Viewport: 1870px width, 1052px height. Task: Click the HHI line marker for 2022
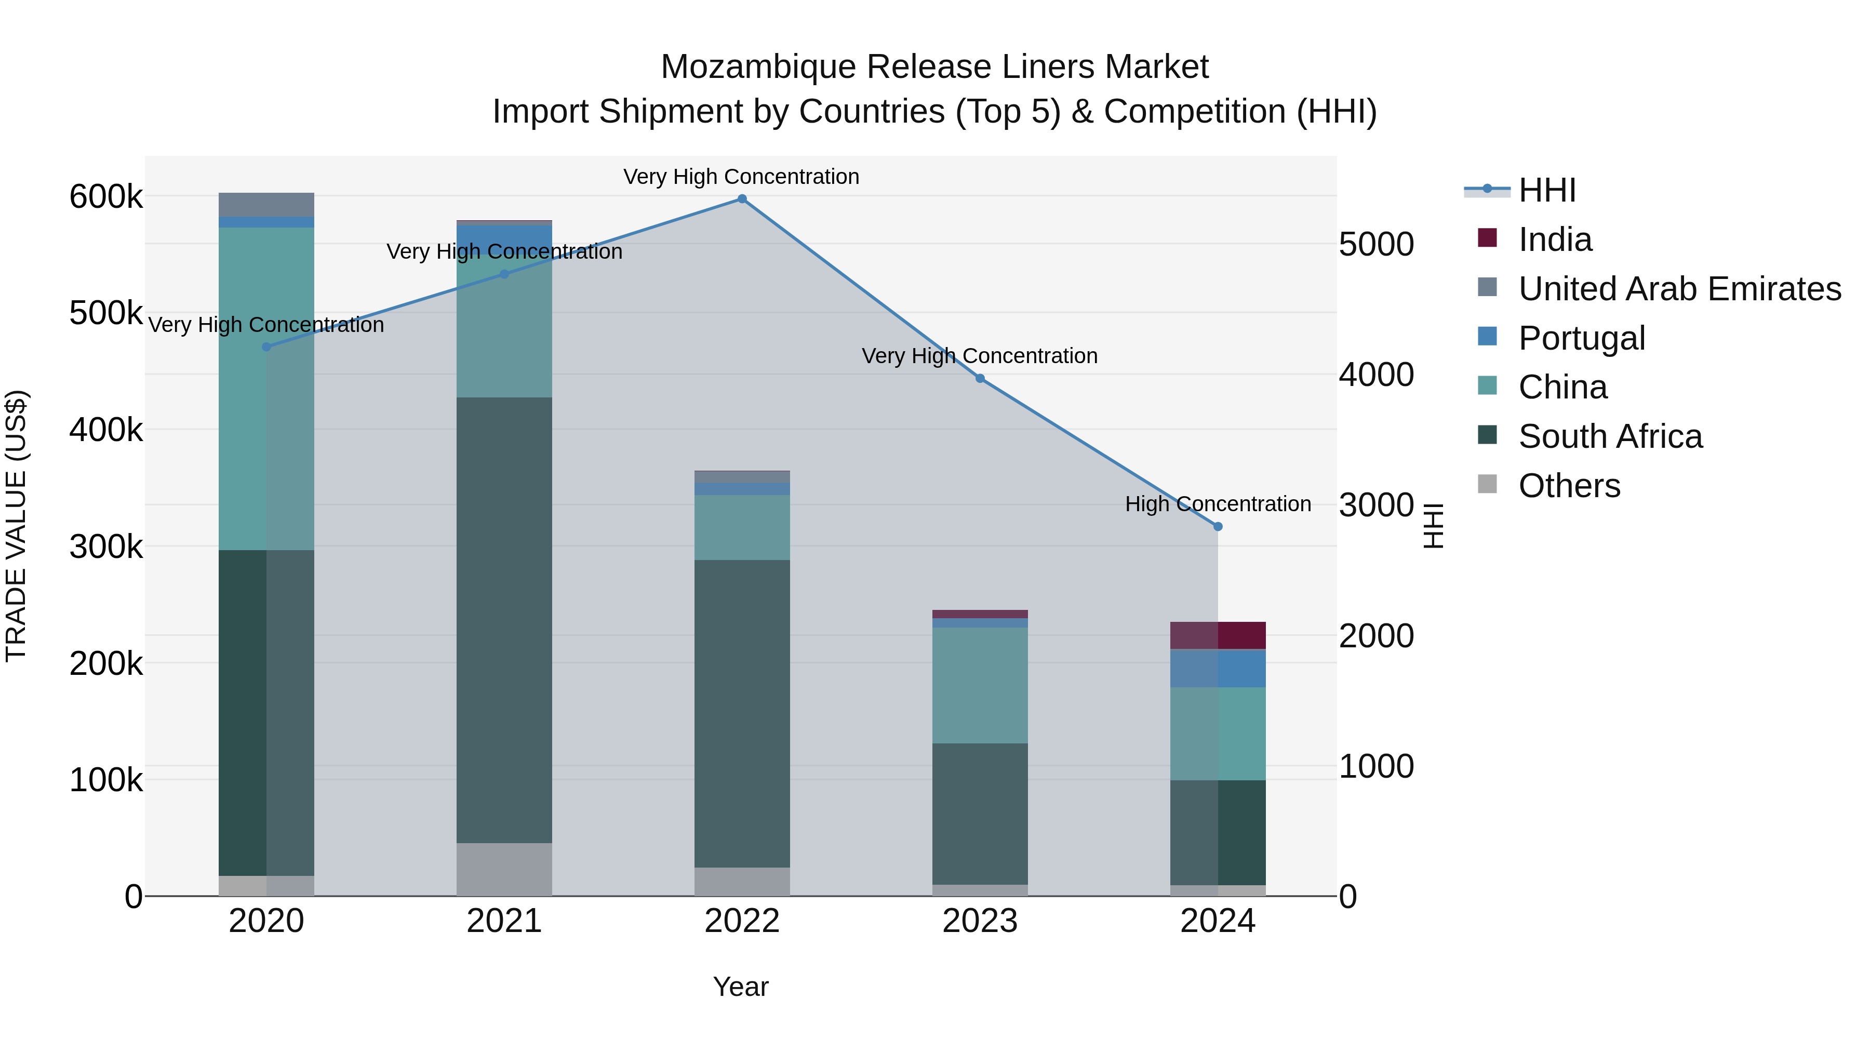(x=742, y=199)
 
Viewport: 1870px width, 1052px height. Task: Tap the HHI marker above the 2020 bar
(x=266, y=347)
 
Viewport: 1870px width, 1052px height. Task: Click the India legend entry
(x=1555, y=239)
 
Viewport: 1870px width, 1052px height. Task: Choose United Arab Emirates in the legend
(x=1679, y=289)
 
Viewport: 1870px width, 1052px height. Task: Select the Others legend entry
(x=1569, y=486)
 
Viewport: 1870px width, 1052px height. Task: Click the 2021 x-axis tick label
(x=504, y=921)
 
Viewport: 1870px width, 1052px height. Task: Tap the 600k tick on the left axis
(x=106, y=197)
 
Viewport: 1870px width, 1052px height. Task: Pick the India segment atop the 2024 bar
(x=1218, y=635)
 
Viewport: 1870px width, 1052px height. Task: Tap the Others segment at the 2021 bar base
(x=504, y=869)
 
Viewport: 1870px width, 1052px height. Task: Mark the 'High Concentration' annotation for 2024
(x=1218, y=504)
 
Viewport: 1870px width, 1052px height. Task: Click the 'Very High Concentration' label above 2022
(x=741, y=177)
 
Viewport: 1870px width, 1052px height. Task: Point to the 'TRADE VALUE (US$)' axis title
(x=17, y=526)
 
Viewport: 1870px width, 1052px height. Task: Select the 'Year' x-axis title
(x=740, y=987)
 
